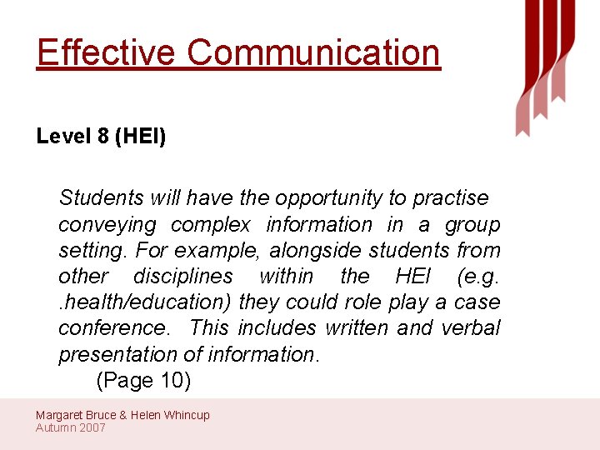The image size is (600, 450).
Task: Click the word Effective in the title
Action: tap(107, 52)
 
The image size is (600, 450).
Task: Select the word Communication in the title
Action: tap(313, 52)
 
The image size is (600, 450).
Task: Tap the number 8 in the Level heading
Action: tap(102, 136)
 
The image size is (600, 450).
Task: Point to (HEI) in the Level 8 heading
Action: tap(140, 136)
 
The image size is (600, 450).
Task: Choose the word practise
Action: tap(451, 198)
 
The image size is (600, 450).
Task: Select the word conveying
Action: tap(107, 225)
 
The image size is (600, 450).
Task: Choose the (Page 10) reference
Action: tap(143, 381)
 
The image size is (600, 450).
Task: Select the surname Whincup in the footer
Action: tap(187, 415)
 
